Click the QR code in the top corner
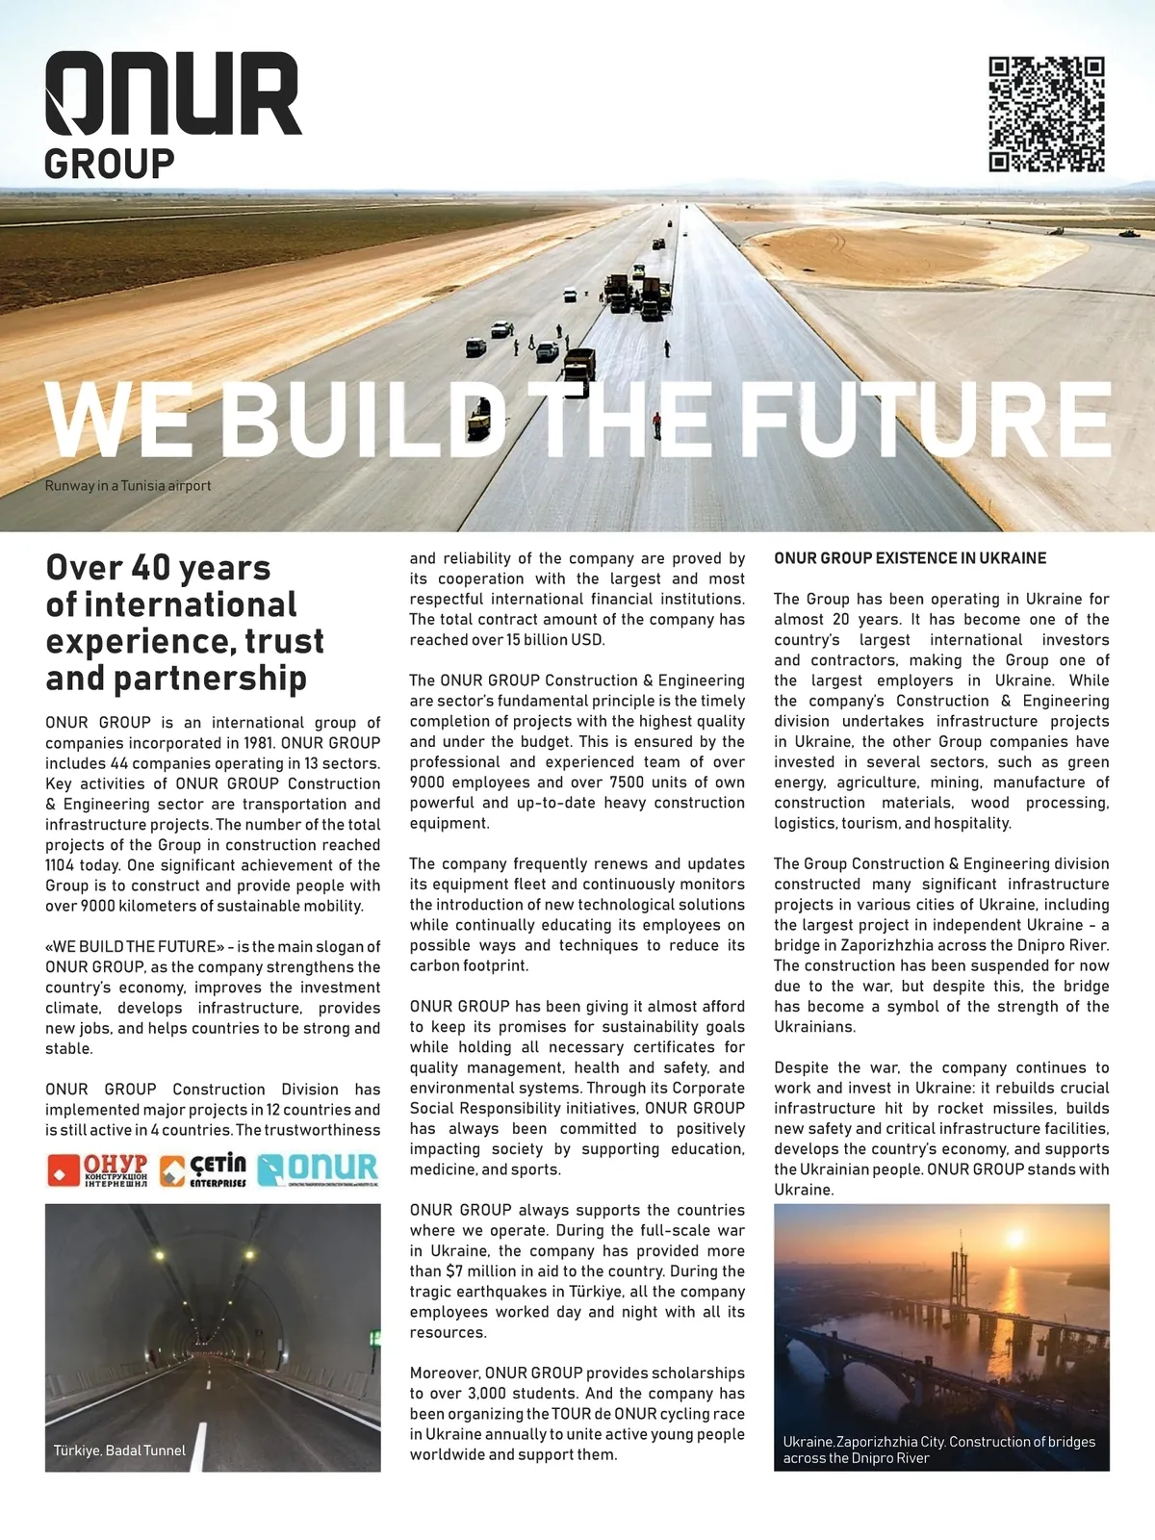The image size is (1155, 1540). click(x=1046, y=114)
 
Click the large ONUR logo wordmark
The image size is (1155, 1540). click(x=173, y=94)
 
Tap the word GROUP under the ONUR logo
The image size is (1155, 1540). click(x=110, y=164)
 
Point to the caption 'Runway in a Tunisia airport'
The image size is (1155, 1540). click(x=128, y=486)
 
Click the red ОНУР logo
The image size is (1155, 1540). click(x=98, y=1169)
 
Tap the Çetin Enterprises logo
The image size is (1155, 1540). click(x=203, y=1169)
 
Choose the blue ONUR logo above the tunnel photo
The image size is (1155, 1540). click(x=319, y=1169)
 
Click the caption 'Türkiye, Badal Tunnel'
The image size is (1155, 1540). click(x=119, y=1450)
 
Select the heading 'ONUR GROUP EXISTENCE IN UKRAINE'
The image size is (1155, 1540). click(x=910, y=558)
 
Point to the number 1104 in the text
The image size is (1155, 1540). click(x=63, y=865)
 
